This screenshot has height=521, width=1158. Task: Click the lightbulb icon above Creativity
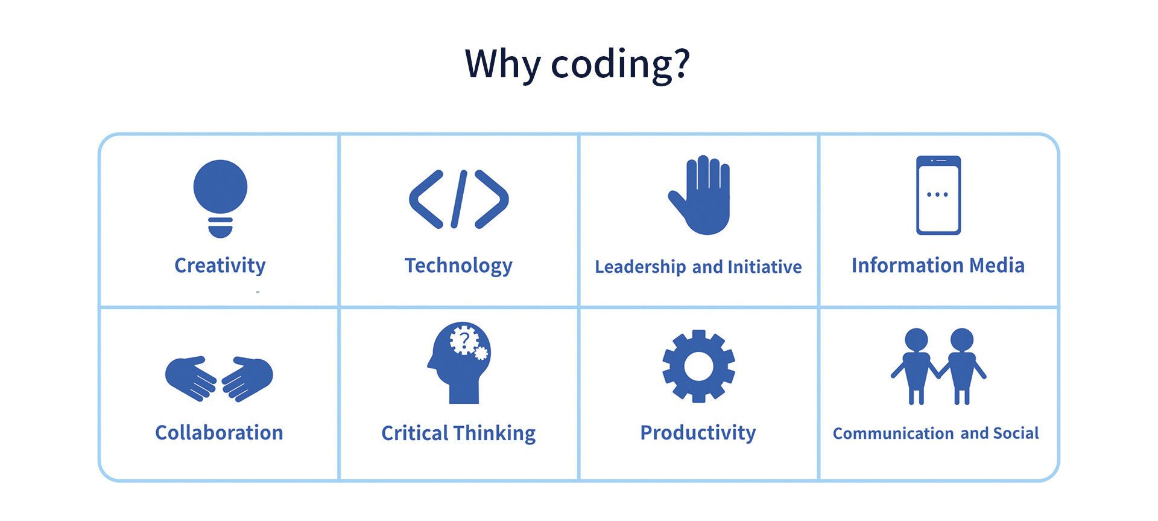coord(220,198)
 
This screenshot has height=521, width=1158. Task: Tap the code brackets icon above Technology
coord(458,199)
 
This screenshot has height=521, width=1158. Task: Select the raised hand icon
coord(700,195)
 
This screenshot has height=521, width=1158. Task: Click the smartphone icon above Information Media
coord(938,195)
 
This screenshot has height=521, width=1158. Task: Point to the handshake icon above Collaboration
coord(219,379)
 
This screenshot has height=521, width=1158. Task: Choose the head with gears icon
coord(459,362)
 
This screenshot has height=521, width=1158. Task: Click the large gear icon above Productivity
coord(698,366)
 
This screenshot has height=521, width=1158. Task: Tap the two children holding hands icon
coord(938,366)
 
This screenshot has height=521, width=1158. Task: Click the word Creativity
coord(220,266)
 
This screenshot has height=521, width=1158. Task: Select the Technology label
coord(458,266)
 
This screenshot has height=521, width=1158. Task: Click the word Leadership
coord(641,267)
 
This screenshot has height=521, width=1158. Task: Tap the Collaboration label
coord(219,432)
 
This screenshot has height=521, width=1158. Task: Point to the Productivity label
coord(698,433)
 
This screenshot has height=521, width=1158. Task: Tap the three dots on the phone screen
coord(937,194)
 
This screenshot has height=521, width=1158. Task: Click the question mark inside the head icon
coord(464,341)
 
